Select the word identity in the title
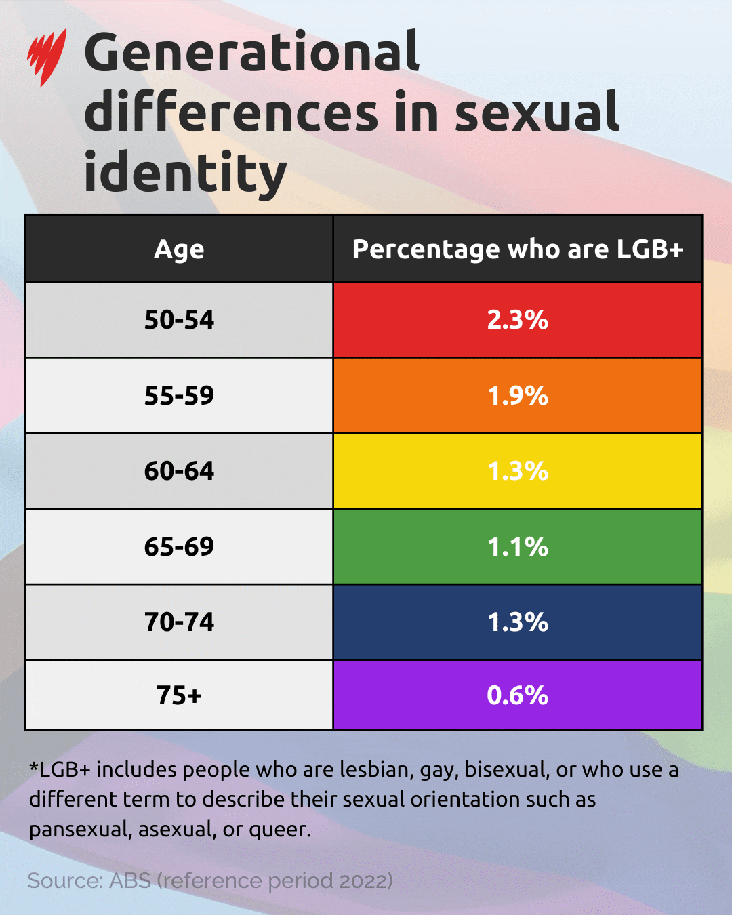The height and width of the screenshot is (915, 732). tap(185, 173)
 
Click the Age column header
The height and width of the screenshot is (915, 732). tap(179, 249)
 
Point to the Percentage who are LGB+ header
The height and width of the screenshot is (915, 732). tap(518, 249)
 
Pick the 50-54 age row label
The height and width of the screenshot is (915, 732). tap(179, 320)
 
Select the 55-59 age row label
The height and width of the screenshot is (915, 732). tap(179, 395)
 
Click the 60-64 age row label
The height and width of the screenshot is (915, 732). tap(179, 471)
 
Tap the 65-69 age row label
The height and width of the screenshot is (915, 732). tap(179, 546)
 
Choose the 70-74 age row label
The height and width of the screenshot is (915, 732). tap(179, 622)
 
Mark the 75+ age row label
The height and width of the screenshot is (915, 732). tap(179, 695)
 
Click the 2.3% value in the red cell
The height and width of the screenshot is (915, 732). tap(518, 320)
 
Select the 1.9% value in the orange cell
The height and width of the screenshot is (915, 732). tap(518, 395)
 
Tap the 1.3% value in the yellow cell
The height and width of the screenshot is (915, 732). tap(518, 471)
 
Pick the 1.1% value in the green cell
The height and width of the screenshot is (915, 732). tap(518, 546)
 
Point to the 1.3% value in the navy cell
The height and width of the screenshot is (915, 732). tap(518, 622)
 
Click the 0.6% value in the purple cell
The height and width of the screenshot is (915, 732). tap(518, 695)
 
